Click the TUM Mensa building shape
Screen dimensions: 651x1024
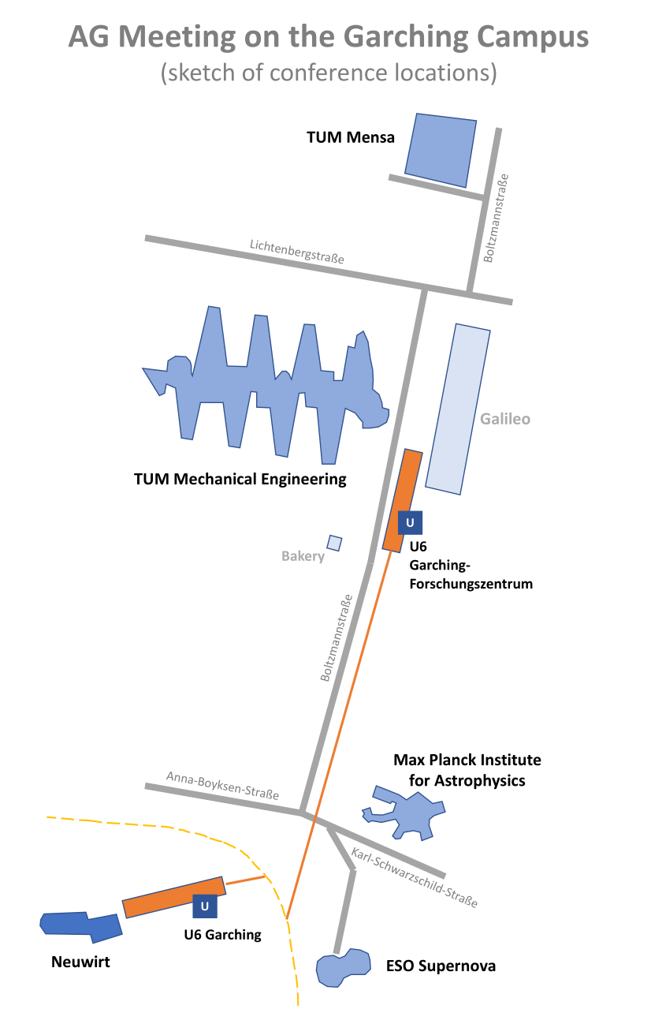(x=441, y=151)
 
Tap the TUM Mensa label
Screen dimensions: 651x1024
(x=351, y=137)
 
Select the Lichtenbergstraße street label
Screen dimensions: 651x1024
(x=297, y=252)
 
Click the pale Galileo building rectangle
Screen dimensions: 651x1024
(x=458, y=409)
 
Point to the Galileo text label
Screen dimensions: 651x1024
(x=505, y=419)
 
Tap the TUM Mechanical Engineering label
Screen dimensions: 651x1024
(x=240, y=479)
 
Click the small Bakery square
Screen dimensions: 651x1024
(x=334, y=543)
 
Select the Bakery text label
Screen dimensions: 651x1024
(x=303, y=556)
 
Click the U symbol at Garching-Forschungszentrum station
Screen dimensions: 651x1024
(x=410, y=522)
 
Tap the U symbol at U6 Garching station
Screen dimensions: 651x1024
(x=205, y=906)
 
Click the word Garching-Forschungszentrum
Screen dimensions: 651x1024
(x=471, y=574)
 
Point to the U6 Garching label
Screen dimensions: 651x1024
(x=222, y=934)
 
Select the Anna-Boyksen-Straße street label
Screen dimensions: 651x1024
(x=222, y=786)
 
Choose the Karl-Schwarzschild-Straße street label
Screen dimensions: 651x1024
(x=415, y=877)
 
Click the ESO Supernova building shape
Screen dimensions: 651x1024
(x=343, y=968)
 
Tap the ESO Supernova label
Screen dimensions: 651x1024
(x=441, y=966)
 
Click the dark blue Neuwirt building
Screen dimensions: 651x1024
(x=81, y=926)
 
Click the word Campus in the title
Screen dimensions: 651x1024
(x=533, y=37)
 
